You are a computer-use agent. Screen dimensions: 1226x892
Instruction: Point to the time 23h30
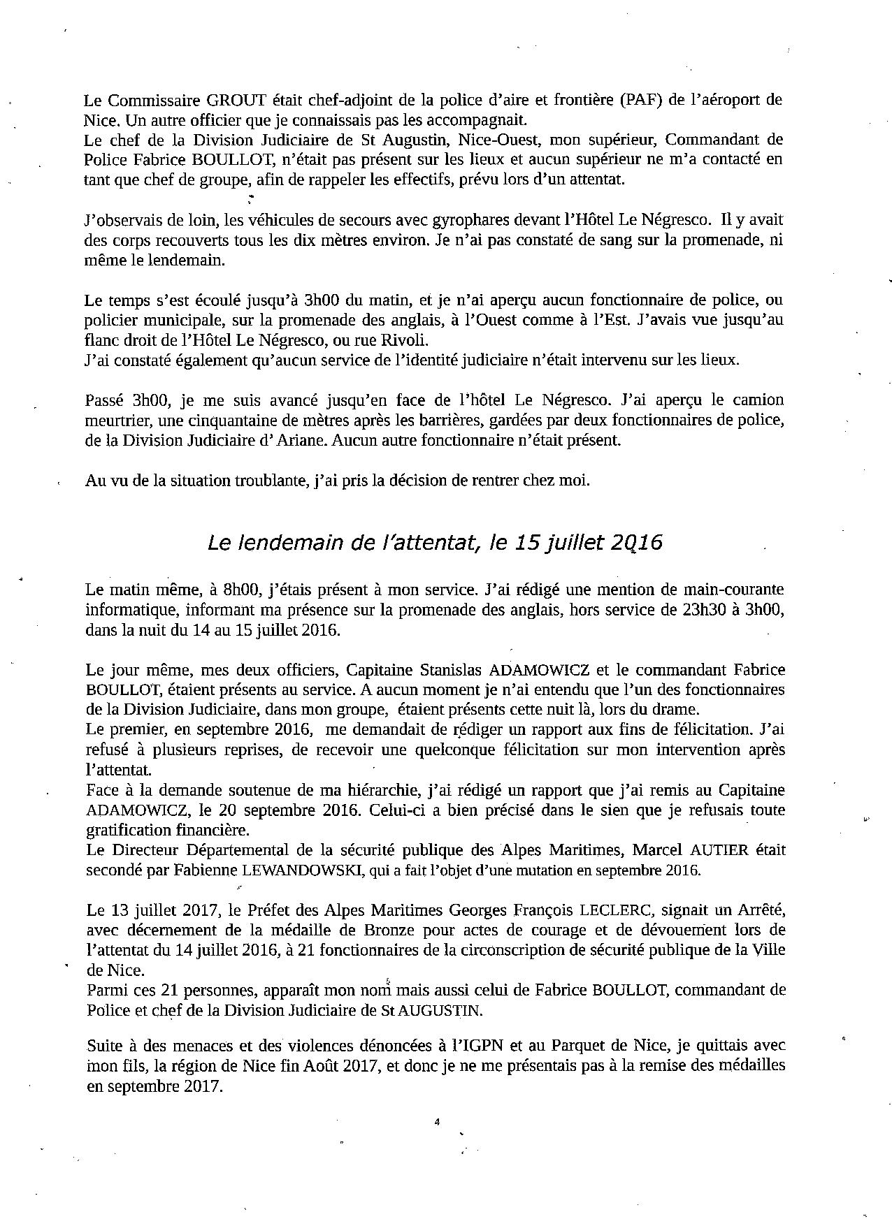point(701,609)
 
